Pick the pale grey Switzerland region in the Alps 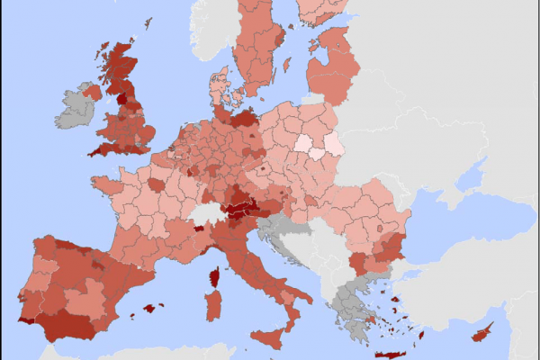coord(208,215)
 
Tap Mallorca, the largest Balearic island coord(148,309)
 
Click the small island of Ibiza coord(131,316)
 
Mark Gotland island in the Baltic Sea coord(287,66)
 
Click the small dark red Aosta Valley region coord(198,229)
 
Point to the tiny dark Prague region coord(262,167)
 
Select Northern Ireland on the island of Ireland coord(91,91)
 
